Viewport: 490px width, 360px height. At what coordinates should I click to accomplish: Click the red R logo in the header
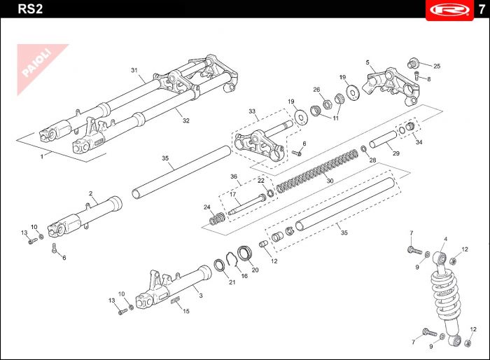(x=447, y=10)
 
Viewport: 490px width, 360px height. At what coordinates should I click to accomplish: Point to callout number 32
(x=186, y=120)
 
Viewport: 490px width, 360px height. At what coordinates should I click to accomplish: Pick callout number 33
(x=253, y=111)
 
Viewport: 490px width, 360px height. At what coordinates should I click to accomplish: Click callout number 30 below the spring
(x=330, y=180)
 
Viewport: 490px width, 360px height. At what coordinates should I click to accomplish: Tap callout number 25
(x=437, y=67)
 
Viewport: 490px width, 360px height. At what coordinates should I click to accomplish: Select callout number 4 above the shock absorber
(x=445, y=240)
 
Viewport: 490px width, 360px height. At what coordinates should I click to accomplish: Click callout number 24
(x=206, y=207)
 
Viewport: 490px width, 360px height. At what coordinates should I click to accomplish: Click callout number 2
(x=90, y=193)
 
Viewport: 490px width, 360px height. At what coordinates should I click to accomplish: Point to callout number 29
(x=396, y=154)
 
